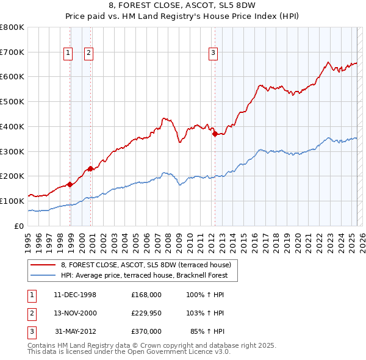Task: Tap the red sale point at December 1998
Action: tap(70, 184)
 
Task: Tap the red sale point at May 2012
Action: tap(215, 134)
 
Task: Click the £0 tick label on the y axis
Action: tap(20, 226)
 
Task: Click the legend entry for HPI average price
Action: tap(143, 275)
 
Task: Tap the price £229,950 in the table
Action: tap(146, 313)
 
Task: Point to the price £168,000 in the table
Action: tap(146, 295)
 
